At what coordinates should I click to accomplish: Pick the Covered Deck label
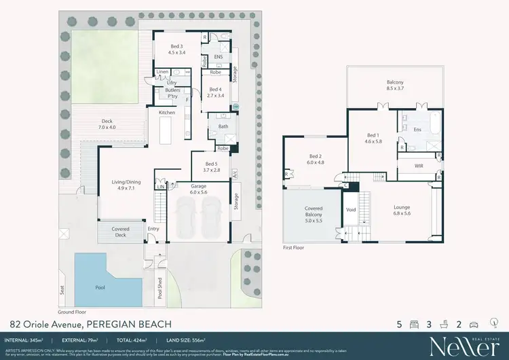tap(120, 232)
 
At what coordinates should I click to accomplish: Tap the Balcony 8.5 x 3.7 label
tap(395, 85)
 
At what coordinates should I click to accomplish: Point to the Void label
tap(352, 211)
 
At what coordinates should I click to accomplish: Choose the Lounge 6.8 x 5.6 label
tap(398, 210)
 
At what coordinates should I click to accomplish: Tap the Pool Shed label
tap(160, 289)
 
